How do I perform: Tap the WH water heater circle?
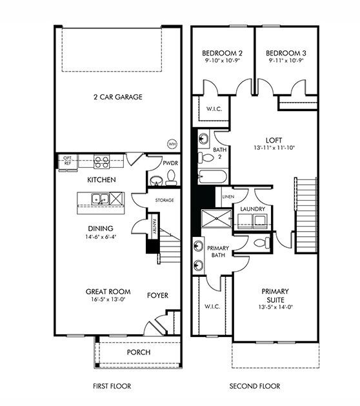click(x=172, y=143)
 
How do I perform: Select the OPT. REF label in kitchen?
click(x=67, y=160)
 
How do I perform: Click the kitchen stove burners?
click(x=101, y=161)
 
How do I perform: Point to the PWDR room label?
click(x=170, y=164)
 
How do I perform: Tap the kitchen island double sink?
click(x=99, y=199)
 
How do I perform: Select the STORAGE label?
click(x=165, y=201)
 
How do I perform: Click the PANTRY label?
click(x=155, y=227)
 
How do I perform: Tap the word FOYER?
click(x=157, y=296)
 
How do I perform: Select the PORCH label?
click(x=139, y=352)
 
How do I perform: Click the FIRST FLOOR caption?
click(x=112, y=387)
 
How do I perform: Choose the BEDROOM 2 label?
click(x=222, y=53)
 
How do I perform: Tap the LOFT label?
click(x=274, y=139)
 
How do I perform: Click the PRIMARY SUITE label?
click(x=275, y=296)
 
